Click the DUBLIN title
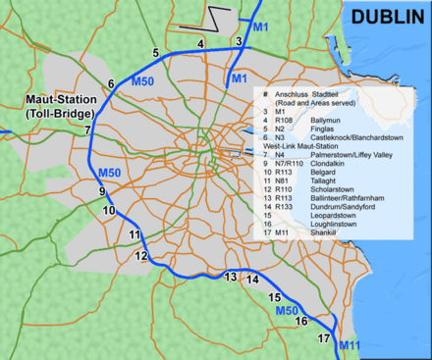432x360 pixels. (388, 17)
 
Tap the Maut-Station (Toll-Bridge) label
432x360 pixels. (47, 107)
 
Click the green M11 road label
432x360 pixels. (350, 346)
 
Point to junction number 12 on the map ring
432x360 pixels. (141, 256)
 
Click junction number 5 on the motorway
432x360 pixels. (155, 53)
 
